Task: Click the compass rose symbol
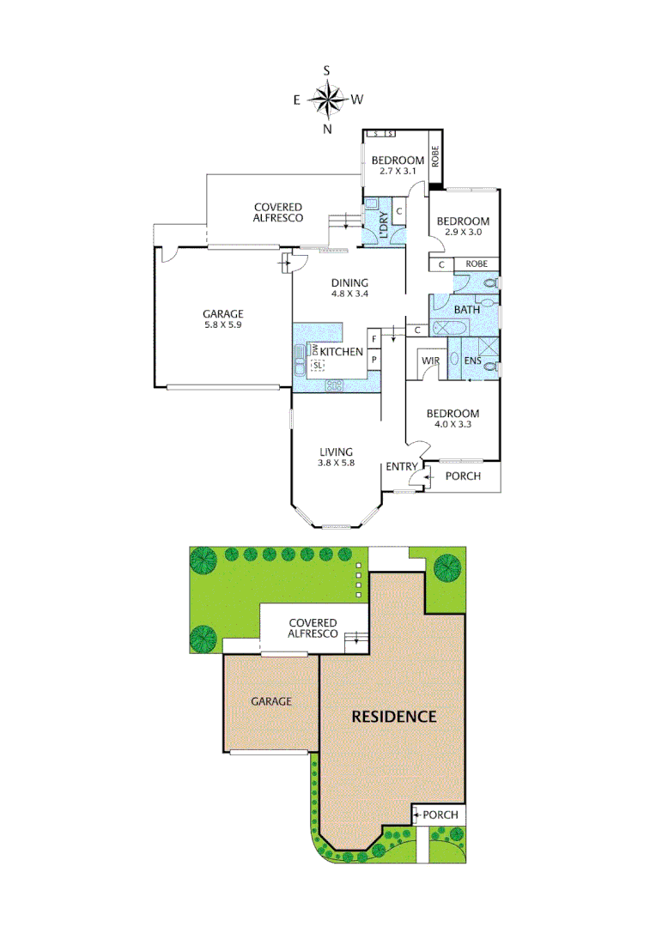(327, 100)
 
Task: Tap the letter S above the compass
(327, 70)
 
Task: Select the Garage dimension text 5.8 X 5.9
(223, 325)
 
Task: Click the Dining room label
(349, 283)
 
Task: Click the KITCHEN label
(342, 351)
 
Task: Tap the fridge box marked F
(374, 339)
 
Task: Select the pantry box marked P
(374, 360)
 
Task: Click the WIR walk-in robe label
(430, 361)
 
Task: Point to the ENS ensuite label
(472, 361)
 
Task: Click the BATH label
(467, 309)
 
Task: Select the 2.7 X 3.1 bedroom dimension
(398, 172)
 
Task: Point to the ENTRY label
(401, 466)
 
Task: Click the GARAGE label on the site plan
(271, 701)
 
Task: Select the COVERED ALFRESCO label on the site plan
(313, 628)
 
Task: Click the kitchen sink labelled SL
(319, 365)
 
